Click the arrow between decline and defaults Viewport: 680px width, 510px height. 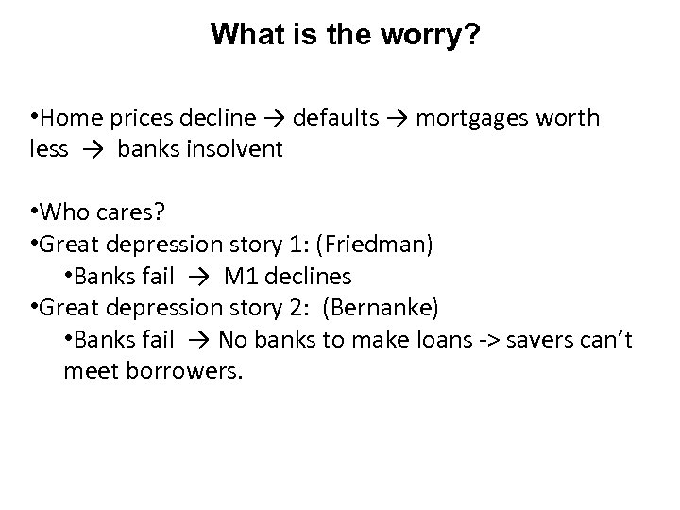coord(275,118)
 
